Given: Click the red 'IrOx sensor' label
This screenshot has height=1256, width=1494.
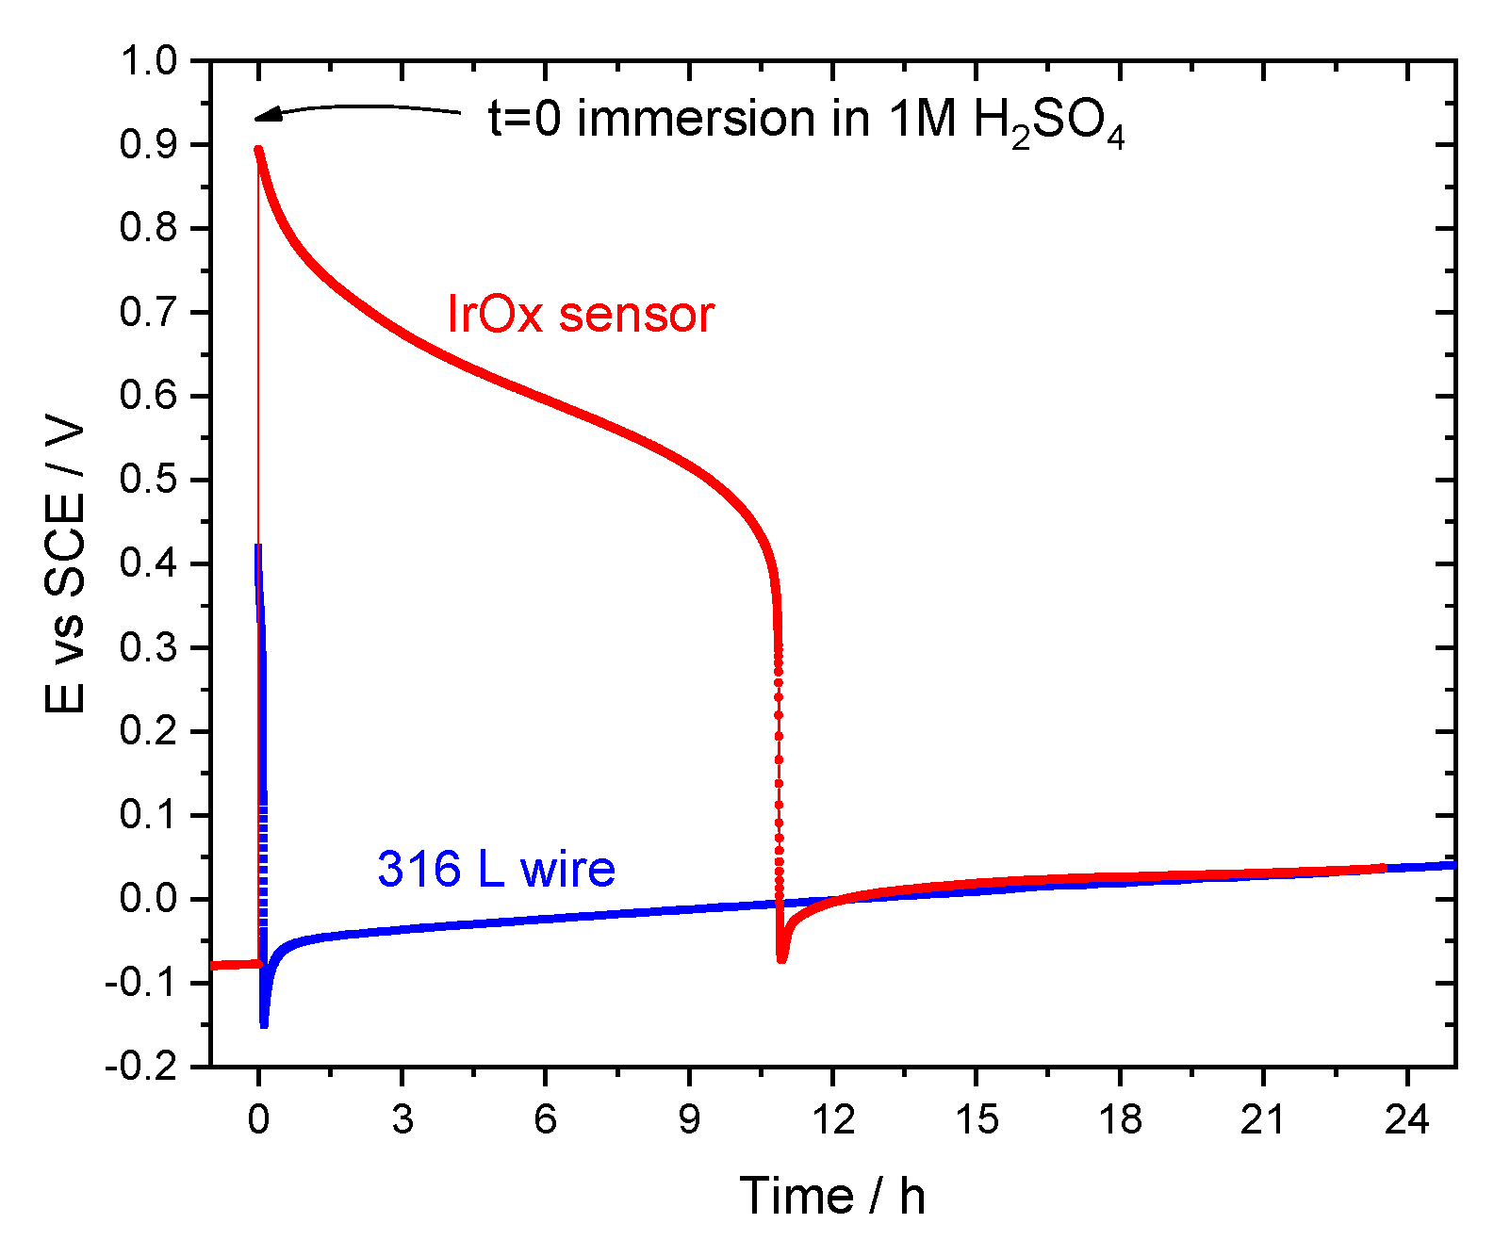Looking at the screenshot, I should pyautogui.click(x=581, y=315).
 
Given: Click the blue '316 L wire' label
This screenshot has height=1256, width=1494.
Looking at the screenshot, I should pyautogui.click(x=496, y=869).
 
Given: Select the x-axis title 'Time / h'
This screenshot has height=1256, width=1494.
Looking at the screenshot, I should pyautogui.click(x=831, y=1196).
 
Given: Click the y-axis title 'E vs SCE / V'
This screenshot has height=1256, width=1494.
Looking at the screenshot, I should pyautogui.click(x=66, y=565).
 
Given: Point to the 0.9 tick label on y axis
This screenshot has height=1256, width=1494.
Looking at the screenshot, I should pyautogui.click(x=148, y=145).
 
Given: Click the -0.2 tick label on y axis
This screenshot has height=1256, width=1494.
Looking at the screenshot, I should pyautogui.click(x=141, y=1067).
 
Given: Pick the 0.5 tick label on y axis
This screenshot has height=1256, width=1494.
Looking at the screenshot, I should pyautogui.click(x=148, y=480).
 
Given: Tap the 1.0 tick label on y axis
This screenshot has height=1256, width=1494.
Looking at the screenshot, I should pyautogui.click(x=148, y=61).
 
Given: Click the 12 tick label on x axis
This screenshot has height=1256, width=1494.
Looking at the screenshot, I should pyautogui.click(x=832, y=1120).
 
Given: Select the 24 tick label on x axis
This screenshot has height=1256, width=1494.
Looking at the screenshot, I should pyautogui.click(x=1406, y=1120).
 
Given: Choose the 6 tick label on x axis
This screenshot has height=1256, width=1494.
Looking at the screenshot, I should pyautogui.click(x=546, y=1120).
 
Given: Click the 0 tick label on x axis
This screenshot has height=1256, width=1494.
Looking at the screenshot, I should pyautogui.click(x=258, y=1120).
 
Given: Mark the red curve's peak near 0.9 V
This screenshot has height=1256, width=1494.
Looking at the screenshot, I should pyautogui.click(x=258, y=150).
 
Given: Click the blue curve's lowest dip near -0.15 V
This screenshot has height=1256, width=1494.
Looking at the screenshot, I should pyautogui.click(x=264, y=1023).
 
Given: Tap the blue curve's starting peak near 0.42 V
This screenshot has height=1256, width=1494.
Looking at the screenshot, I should pyautogui.click(x=257, y=547).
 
